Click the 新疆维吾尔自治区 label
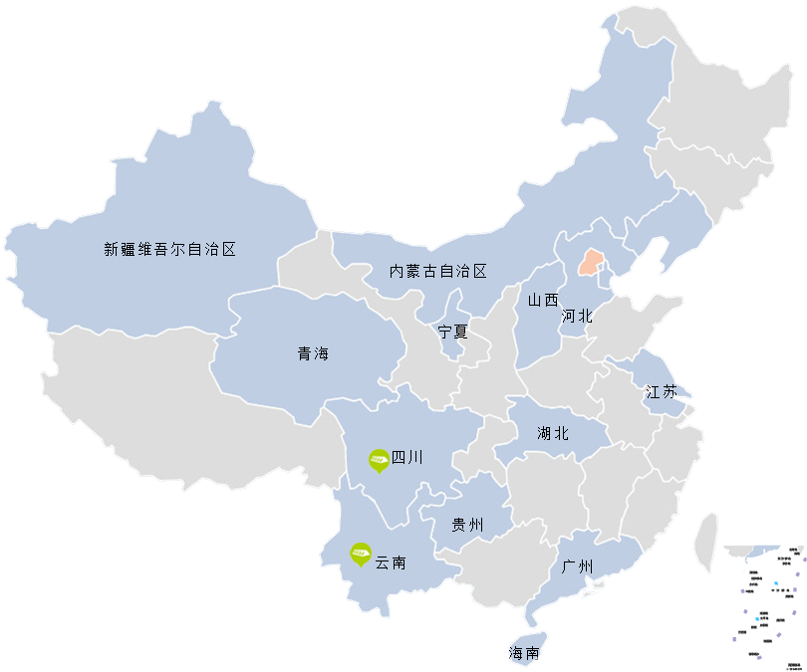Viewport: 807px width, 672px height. [170, 250]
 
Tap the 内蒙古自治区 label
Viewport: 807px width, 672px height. [438, 271]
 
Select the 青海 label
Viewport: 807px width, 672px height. [312, 353]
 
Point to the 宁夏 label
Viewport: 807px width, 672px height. [452, 332]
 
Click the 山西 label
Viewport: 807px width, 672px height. [543, 300]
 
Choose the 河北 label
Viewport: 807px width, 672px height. [576, 317]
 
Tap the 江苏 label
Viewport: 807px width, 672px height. [661, 391]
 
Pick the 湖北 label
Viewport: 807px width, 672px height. [552, 433]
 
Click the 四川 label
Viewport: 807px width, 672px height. [406, 458]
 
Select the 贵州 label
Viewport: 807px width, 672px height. [466, 525]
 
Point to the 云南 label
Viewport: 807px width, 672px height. [390, 562]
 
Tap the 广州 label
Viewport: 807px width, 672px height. [577, 567]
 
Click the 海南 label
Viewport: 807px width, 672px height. [524, 654]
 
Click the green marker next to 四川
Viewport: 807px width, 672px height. [379, 459]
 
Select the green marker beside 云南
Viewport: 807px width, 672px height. [360, 554]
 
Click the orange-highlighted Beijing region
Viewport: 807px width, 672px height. [592, 263]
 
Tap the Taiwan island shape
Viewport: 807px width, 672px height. [706, 543]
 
